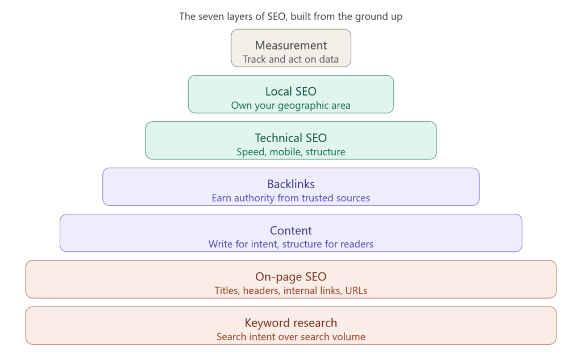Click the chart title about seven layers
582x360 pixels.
point(290,16)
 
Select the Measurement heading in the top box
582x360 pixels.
point(290,45)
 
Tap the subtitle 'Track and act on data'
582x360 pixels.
point(290,59)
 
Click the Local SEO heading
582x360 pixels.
point(290,92)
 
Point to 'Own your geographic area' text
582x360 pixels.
point(290,105)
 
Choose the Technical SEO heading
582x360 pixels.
point(290,138)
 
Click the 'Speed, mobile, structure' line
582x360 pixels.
point(290,152)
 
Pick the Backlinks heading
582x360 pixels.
point(290,184)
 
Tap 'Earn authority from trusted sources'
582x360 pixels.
point(290,198)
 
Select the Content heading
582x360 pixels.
point(290,230)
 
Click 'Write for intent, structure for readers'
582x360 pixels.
point(290,244)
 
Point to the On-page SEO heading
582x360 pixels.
point(290,277)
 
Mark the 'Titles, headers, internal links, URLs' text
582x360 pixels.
point(290,291)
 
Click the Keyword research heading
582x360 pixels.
point(290,323)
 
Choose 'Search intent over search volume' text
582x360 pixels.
point(290,337)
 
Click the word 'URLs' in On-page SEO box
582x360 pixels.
point(356,291)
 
